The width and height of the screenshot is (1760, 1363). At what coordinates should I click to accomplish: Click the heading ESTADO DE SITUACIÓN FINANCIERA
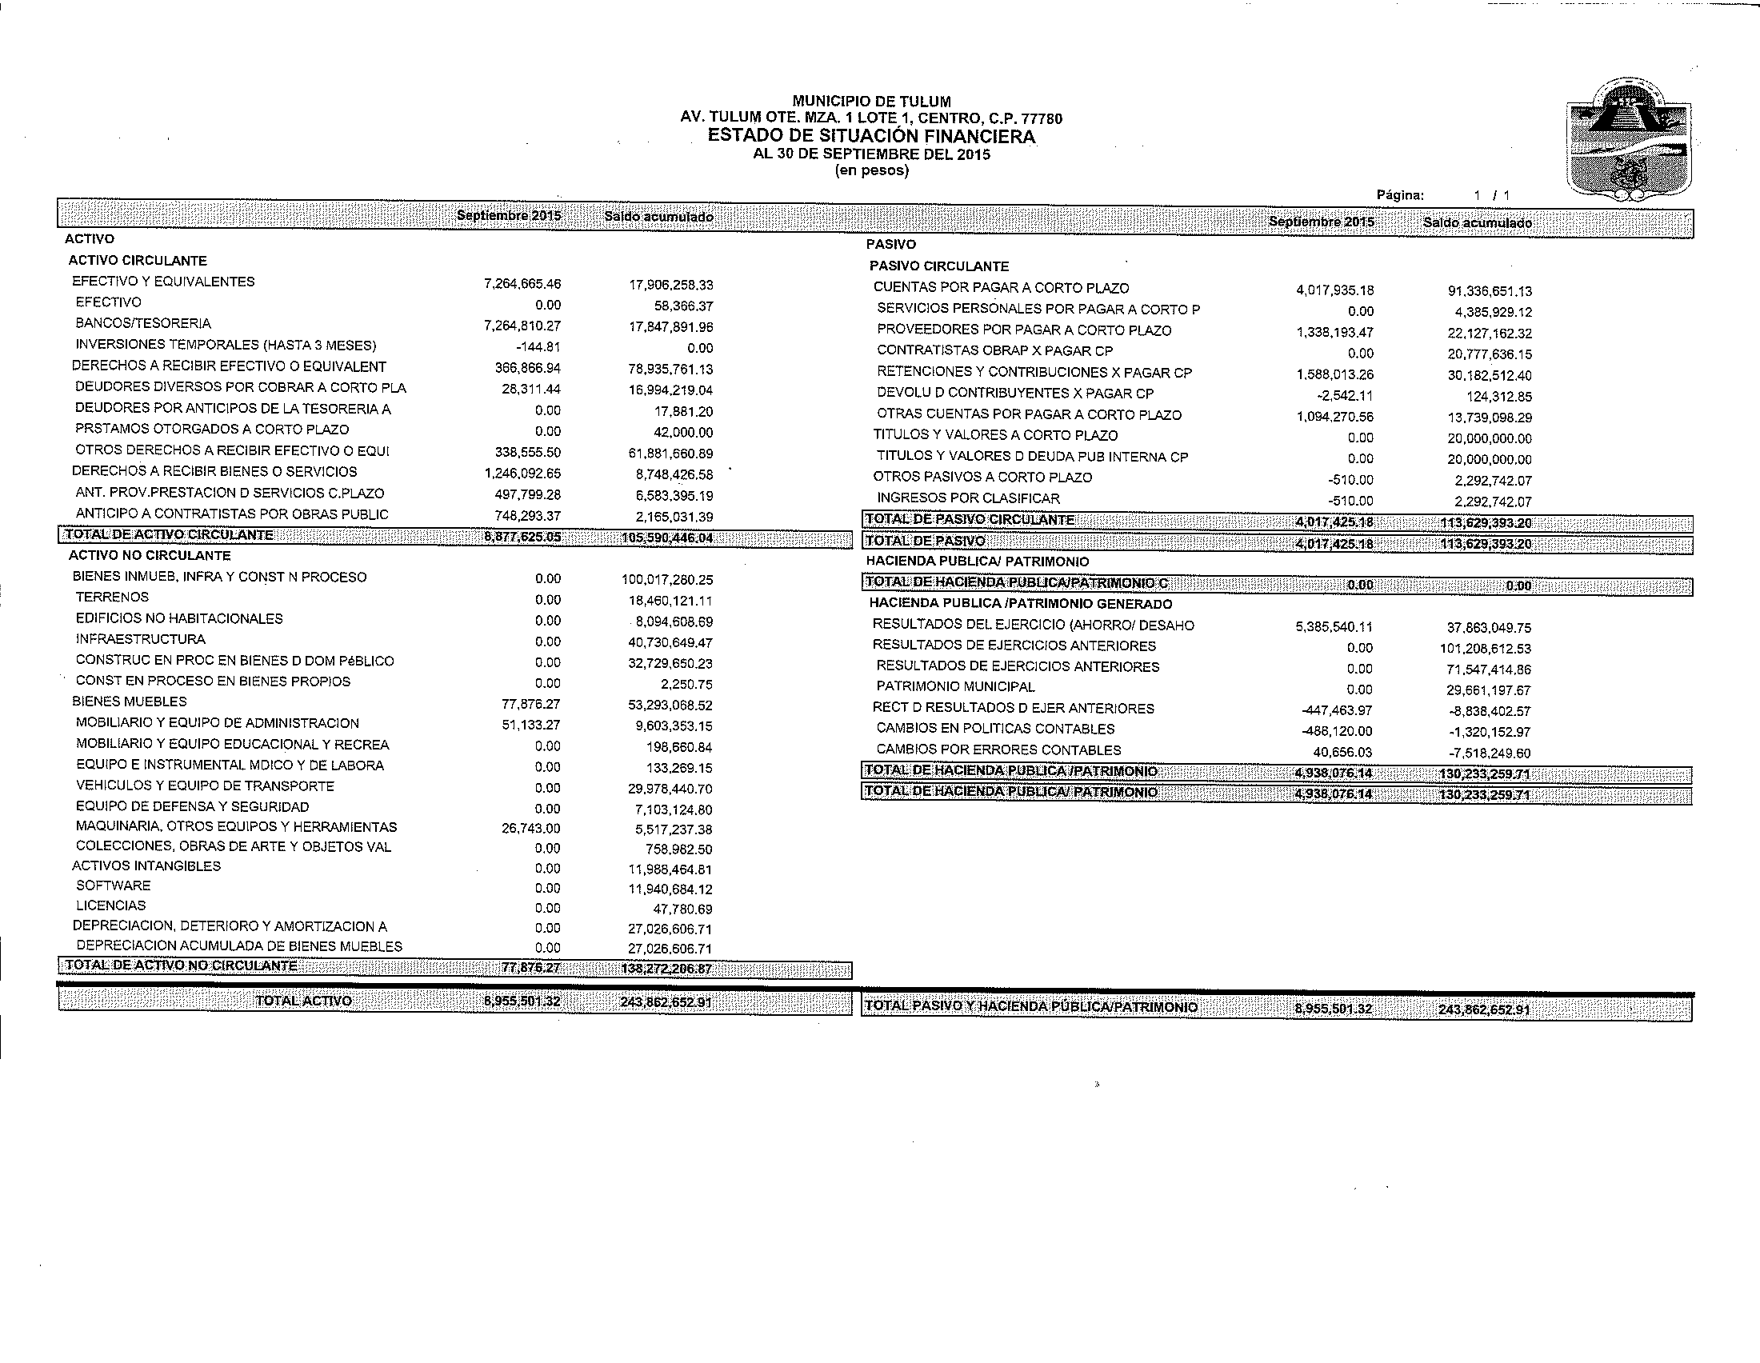(871, 136)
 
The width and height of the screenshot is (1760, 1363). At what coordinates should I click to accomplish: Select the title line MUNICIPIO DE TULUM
(871, 102)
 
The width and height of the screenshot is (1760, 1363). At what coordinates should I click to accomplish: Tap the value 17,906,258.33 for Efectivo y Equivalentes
(670, 286)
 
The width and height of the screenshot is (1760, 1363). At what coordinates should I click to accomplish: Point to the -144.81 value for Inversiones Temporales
(539, 348)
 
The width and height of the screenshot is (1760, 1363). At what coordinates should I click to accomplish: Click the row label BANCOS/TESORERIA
(143, 324)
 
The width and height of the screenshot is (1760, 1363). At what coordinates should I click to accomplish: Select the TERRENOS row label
(112, 598)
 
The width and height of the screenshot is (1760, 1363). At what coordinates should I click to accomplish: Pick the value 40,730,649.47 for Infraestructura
(670, 643)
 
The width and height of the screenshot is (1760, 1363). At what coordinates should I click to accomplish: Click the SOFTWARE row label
(113, 886)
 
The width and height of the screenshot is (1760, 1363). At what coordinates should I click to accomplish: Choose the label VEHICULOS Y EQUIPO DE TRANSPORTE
(205, 786)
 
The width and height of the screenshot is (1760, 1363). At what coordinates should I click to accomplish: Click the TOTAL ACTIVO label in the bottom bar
(303, 1001)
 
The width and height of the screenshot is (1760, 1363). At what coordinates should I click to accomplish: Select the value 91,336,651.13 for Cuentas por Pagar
(1490, 292)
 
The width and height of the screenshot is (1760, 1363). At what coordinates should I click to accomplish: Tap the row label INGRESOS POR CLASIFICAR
(968, 498)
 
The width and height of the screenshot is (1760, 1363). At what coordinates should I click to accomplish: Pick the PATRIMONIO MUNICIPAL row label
(955, 687)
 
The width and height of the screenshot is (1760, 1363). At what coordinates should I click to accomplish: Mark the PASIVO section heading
(890, 244)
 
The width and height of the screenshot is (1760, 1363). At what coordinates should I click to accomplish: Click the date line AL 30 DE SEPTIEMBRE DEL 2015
(871, 154)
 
